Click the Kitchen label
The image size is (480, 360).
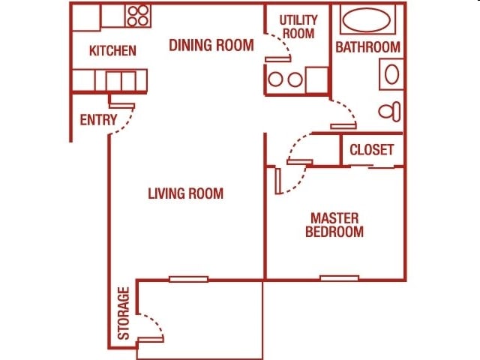112,51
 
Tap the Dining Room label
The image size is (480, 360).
211,45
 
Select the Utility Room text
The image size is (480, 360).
298,26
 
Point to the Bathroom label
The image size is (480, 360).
367,47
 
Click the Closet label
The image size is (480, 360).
371,149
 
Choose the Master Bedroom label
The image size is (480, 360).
334,225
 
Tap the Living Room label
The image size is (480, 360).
185,193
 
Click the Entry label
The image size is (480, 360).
98,120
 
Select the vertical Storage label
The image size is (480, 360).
124,313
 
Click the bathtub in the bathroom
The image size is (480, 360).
367,20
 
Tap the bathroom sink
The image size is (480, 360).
391,75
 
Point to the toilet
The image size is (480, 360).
389,112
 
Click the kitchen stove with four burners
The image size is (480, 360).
137,16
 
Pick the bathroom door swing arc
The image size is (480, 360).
343,109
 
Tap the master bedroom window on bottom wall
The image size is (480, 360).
339,278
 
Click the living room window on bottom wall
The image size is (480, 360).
188,279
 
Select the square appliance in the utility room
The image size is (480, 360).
316,79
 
